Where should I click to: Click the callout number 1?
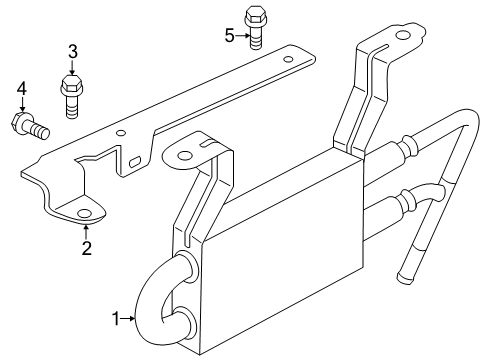(x=115, y=319)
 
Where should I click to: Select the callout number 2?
(x=87, y=248)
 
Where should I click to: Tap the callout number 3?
(x=73, y=52)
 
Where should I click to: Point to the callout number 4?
(x=22, y=89)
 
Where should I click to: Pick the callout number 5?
(x=230, y=36)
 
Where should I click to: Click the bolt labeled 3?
(x=72, y=96)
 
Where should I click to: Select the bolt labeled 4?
(x=30, y=125)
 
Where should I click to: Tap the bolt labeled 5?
(x=255, y=28)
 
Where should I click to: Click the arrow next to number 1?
(x=128, y=319)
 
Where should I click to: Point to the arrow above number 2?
(x=86, y=232)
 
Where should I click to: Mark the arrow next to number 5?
(x=243, y=35)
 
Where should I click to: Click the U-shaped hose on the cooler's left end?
(x=159, y=298)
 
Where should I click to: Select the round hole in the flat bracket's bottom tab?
(x=84, y=214)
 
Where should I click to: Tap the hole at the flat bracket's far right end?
(x=288, y=60)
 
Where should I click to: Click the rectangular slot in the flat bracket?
(x=134, y=162)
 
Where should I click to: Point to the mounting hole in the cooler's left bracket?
(x=184, y=156)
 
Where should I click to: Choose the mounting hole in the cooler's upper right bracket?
(x=401, y=36)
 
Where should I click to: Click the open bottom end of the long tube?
(x=404, y=278)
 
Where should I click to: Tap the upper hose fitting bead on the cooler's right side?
(x=410, y=147)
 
